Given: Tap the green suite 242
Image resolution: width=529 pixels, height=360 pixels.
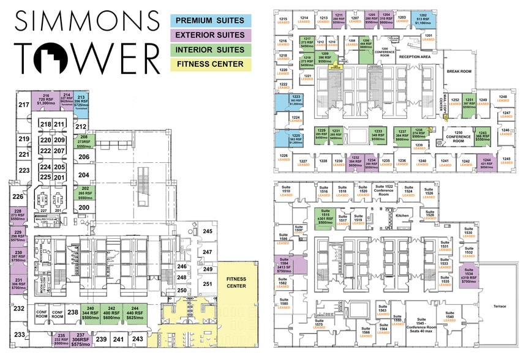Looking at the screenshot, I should [x=111, y=313].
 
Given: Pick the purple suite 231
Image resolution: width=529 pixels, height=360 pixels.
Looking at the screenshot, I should [x=19, y=283].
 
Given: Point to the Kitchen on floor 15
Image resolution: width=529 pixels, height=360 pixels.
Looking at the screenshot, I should [x=402, y=216].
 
